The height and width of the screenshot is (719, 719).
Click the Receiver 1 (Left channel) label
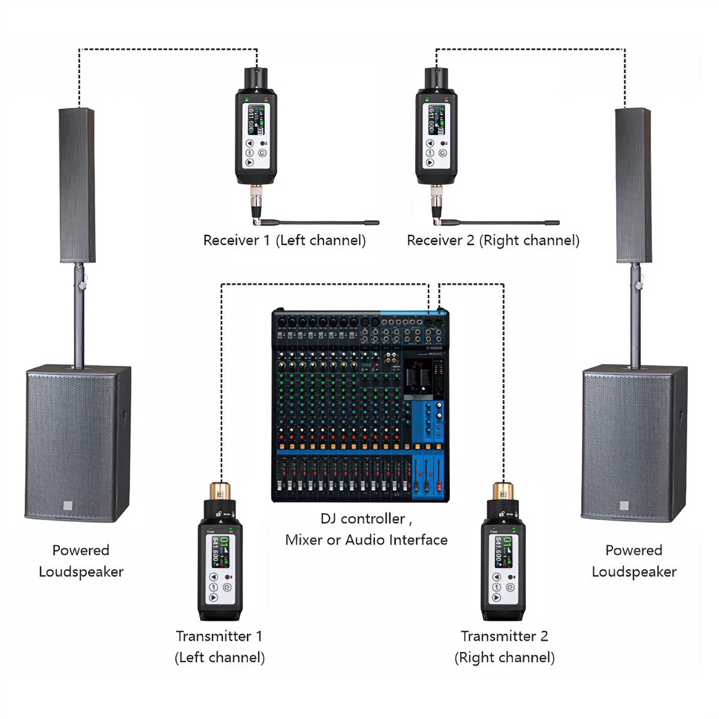pyautogui.click(x=284, y=240)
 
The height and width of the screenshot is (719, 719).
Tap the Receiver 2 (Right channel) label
pyautogui.click(x=493, y=240)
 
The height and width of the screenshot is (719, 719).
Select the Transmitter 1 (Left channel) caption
pyautogui.click(x=219, y=647)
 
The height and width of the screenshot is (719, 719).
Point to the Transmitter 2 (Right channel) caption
pyautogui.click(x=504, y=647)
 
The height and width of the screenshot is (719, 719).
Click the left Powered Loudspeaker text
pyautogui.click(x=81, y=561)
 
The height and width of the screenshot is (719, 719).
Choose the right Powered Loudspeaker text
pyautogui.click(x=634, y=561)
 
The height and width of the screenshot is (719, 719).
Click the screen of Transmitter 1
pyautogui.click(x=220, y=552)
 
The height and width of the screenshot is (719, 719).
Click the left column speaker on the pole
pyautogui.click(x=77, y=186)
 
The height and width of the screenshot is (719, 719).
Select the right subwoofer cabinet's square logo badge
pyautogui.click(x=624, y=506)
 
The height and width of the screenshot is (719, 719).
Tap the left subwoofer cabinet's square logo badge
pyautogui.click(x=68, y=506)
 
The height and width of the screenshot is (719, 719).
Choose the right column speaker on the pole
pyautogui.click(x=633, y=186)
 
